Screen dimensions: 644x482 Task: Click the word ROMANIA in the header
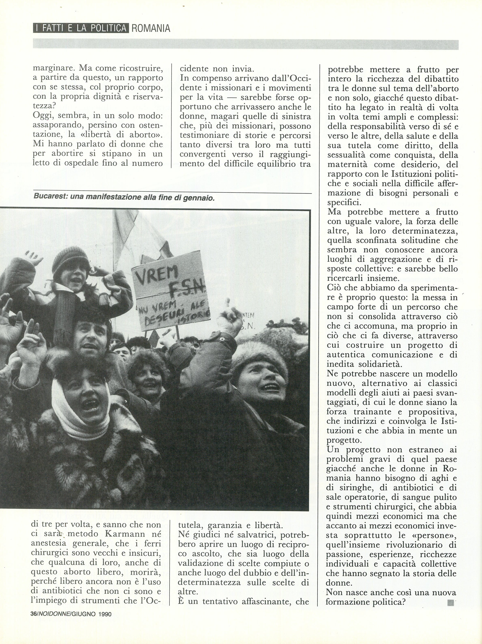pyautogui.click(x=151, y=28)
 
